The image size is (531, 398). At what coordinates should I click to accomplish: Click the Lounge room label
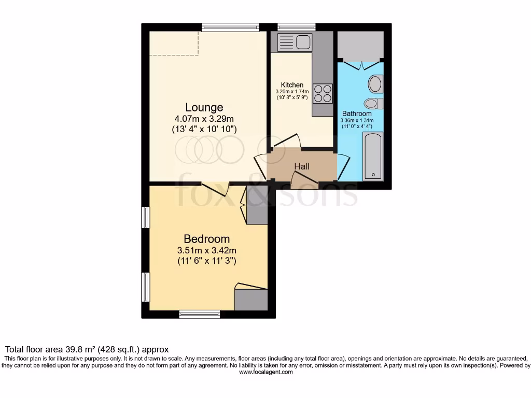[x=204, y=108]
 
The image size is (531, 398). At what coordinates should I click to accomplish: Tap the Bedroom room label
[x=206, y=239]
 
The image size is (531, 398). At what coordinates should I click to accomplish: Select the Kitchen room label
[x=292, y=85]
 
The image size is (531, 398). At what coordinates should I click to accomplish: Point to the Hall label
[x=302, y=166]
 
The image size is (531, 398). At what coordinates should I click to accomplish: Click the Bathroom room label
[x=357, y=113]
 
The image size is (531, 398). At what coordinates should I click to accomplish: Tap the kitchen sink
[x=294, y=41]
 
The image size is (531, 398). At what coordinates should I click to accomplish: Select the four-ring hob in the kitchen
[x=323, y=93]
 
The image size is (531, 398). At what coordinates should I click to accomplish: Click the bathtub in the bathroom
[x=373, y=156]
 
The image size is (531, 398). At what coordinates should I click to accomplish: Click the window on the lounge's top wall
[x=230, y=27]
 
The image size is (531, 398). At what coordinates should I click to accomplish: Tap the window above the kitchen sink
[x=297, y=27]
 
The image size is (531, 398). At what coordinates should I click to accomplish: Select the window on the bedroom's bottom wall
[x=200, y=314]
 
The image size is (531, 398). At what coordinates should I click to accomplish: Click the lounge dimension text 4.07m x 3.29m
[x=204, y=119]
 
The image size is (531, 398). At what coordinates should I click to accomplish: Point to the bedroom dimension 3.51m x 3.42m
[x=206, y=250]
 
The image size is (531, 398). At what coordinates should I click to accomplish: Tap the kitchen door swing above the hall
[x=287, y=141]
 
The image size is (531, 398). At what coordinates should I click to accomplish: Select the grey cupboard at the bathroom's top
[x=360, y=46]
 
